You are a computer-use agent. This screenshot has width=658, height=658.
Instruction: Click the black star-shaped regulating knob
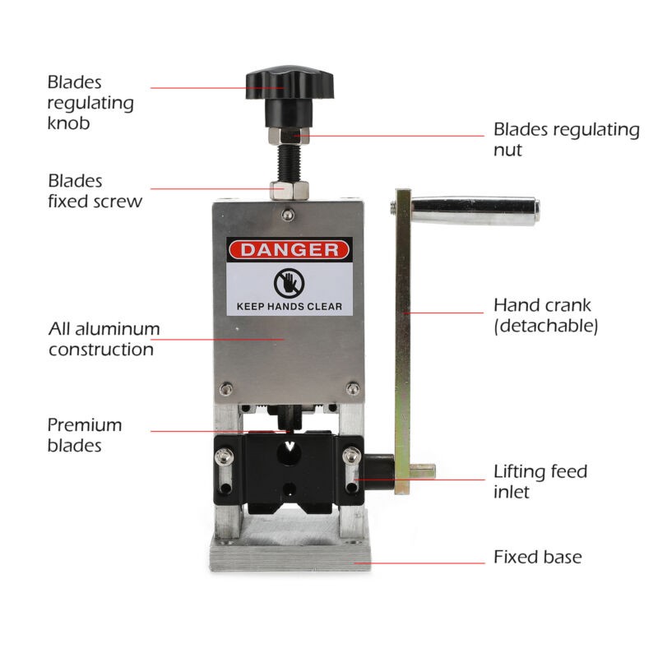[x=290, y=84]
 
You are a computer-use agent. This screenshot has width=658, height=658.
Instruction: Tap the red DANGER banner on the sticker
[x=290, y=250]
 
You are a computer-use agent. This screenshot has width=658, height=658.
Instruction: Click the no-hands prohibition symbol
[x=290, y=283]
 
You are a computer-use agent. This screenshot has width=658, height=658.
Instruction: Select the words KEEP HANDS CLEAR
[x=290, y=306]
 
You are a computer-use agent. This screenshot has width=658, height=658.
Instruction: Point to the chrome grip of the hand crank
[x=475, y=211]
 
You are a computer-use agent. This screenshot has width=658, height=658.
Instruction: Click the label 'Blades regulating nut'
[x=566, y=139]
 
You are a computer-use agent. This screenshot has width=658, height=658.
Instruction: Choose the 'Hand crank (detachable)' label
[x=545, y=315]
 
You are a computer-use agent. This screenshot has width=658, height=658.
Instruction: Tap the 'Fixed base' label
[x=538, y=557]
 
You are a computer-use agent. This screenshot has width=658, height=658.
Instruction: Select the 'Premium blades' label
[x=85, y=435]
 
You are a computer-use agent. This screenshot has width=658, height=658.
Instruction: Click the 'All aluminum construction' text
[x=104, y=339]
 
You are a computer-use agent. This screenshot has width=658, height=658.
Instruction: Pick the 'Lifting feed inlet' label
[x=540, y=481]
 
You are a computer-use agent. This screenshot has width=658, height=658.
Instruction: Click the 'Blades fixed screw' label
[x=95, y=191]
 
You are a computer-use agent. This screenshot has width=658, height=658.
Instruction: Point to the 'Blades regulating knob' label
[x=90, y=103]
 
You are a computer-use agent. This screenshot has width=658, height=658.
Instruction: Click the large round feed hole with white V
[x=290, y=452]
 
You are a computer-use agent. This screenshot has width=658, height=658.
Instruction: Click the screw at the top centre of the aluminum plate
[x=287, y=215]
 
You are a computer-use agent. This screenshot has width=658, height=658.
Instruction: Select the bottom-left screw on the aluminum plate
[x=225, y=388]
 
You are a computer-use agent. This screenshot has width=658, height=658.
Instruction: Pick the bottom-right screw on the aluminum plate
[x=353, y=388]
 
